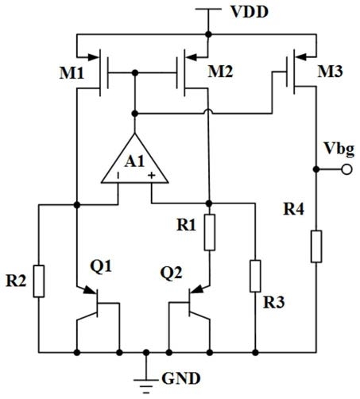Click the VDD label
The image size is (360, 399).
click(x=250, y=12)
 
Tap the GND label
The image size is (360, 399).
click(x=181, y=378)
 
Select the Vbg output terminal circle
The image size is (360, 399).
click(x=346, y=169)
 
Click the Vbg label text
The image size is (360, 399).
click(x=339, y=149)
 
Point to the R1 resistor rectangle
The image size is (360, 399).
click(x=210, y=233)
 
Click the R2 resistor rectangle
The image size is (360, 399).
click(x=39, y=281)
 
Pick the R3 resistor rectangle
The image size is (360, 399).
click(x=255, y=276)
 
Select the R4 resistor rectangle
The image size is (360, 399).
click(x=316, y=246)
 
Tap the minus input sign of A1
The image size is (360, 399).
click(x=118, y=176)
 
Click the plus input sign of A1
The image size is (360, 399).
click(x=151, y=175)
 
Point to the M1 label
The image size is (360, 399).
click(x=72, y=73)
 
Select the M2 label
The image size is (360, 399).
click(x=220, y=72)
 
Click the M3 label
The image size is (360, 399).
click(x=330, y=72)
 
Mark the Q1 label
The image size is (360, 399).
click(x=101, y=266)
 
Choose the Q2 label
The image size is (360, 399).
click(x=172, y=273)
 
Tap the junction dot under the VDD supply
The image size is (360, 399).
click(x=208, y=34)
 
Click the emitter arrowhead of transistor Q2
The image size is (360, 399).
click(x=197, y=289)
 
